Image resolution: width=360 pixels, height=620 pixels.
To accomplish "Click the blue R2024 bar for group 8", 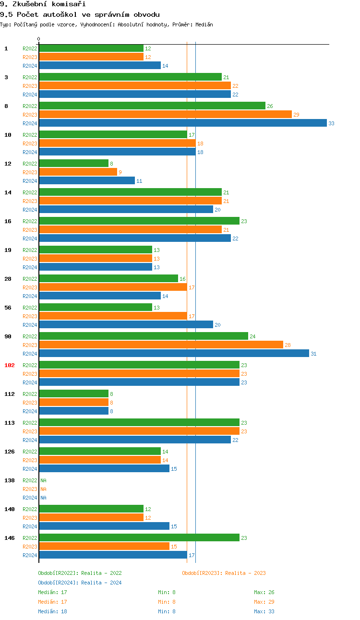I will pyautogui.click(x=183, y=123).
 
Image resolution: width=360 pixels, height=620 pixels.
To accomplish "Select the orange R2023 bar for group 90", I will pyautogui.click(x=161, y=345).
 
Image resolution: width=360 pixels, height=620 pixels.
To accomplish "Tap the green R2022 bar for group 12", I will pyautogui.click(x=74, y=164).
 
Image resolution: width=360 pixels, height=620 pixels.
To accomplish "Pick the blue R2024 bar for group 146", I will pyautogui.click(x=113, y=555).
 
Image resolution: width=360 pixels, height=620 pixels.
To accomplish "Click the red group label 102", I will pyautogui.click(x=10, y=365).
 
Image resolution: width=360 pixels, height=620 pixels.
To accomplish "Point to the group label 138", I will pyautogui.click(x=10, y=480).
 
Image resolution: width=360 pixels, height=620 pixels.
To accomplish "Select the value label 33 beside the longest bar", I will pyautogui.click(x=331, y=123).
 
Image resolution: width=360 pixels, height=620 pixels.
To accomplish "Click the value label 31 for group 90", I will pyautogui.click(x=313, y=354).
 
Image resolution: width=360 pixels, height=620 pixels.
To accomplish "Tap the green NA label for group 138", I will pyautogui.click(x=43, y=480).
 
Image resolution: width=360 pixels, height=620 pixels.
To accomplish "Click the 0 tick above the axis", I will pyautogui.click(x=39, y=39).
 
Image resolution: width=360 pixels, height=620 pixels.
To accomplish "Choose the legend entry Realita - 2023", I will pyautogui.click(x=224, y=573).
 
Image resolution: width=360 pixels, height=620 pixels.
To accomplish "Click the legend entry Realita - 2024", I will pyautogui.click(x=80, y=583).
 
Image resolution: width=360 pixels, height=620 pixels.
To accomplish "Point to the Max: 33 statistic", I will pyautogui.click(x=264, y=611).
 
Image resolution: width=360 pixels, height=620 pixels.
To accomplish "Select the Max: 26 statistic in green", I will pyautogui.click(x=264, y=592).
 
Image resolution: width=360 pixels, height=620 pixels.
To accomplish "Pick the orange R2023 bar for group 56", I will pyautogui.click(x=113, y=316).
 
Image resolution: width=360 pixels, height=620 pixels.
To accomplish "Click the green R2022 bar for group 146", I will pyautogui.click(x=139, y=538).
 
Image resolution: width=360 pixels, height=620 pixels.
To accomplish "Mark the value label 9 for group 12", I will pyautogui.click(x=120, y=172).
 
